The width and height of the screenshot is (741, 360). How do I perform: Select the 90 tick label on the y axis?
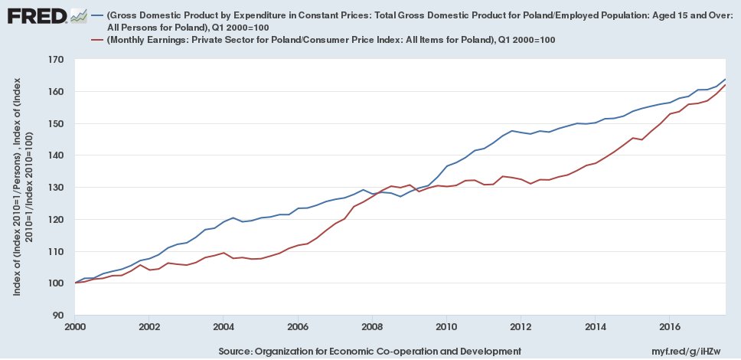pyautogui.click(x=58, y=316)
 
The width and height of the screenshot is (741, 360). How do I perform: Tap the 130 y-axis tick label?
pyautogui.click(x=55, y=188)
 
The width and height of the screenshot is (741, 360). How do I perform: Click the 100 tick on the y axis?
pyautogui.click(x=55, y=283)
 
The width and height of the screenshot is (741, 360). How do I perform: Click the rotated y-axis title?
pyautogui.click(x=22, y=188)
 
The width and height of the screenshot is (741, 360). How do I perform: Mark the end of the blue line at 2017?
pyautogui.click(x=725, y=80)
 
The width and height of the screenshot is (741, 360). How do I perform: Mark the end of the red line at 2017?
pyautogui.click(x=725, y=85)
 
